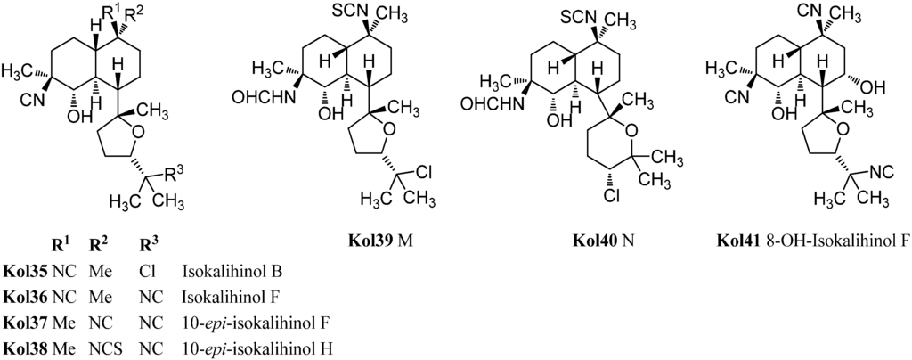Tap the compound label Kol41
[743, 241]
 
